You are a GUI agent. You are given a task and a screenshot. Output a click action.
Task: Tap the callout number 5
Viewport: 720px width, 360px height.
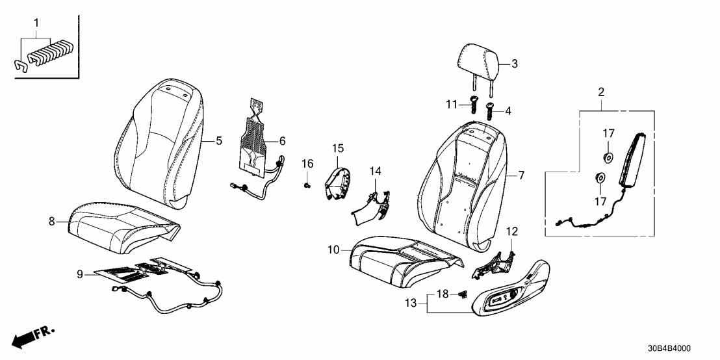coord(219,140)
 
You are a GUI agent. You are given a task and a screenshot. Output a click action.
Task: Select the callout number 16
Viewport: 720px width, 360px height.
coord(308,162)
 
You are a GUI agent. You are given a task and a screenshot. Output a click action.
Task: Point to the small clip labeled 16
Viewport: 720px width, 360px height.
coord(307,185)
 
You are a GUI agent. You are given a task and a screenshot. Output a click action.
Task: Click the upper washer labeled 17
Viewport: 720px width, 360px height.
coord(608,157)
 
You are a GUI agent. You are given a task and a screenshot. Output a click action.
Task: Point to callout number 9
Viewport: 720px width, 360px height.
coord(79,275)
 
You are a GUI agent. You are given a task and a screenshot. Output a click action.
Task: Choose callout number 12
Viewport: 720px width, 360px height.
coord(512,231)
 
